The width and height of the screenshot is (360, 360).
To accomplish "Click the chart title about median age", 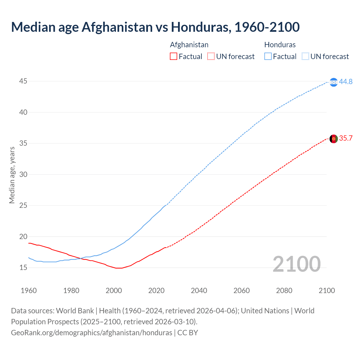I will point(155,27).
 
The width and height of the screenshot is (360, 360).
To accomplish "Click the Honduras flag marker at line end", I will point(334,82).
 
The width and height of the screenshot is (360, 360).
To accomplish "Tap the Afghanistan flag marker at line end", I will point(334,139).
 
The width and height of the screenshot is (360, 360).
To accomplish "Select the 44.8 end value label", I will point(346,82).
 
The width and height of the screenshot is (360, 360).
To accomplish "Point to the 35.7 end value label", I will point(346,138).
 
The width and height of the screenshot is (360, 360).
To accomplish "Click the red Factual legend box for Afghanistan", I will point(174,57).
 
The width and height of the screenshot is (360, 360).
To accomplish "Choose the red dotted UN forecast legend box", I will point(211,57).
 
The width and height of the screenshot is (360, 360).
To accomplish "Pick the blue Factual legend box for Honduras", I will point(268,57).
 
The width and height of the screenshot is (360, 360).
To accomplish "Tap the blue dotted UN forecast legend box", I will point(305,57).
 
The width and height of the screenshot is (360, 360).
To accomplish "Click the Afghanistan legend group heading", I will point(189,45).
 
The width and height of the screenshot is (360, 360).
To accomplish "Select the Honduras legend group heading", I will point(280,45).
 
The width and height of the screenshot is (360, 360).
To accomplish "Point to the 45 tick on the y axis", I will point(23,81).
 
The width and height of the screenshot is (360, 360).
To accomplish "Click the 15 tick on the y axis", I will point(23,267).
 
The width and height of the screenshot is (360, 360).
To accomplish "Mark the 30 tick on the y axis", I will point(23,174).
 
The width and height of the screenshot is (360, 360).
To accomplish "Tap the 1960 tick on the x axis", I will point(29,291).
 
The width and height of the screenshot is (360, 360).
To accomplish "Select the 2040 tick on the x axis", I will point(199,291).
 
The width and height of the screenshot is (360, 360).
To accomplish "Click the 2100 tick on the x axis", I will point(327,291).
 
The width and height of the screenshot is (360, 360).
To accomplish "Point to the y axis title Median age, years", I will point(12,175).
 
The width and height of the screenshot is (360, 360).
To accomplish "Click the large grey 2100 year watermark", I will point(296,264).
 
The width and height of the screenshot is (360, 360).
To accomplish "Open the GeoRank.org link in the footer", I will point(91,332).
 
